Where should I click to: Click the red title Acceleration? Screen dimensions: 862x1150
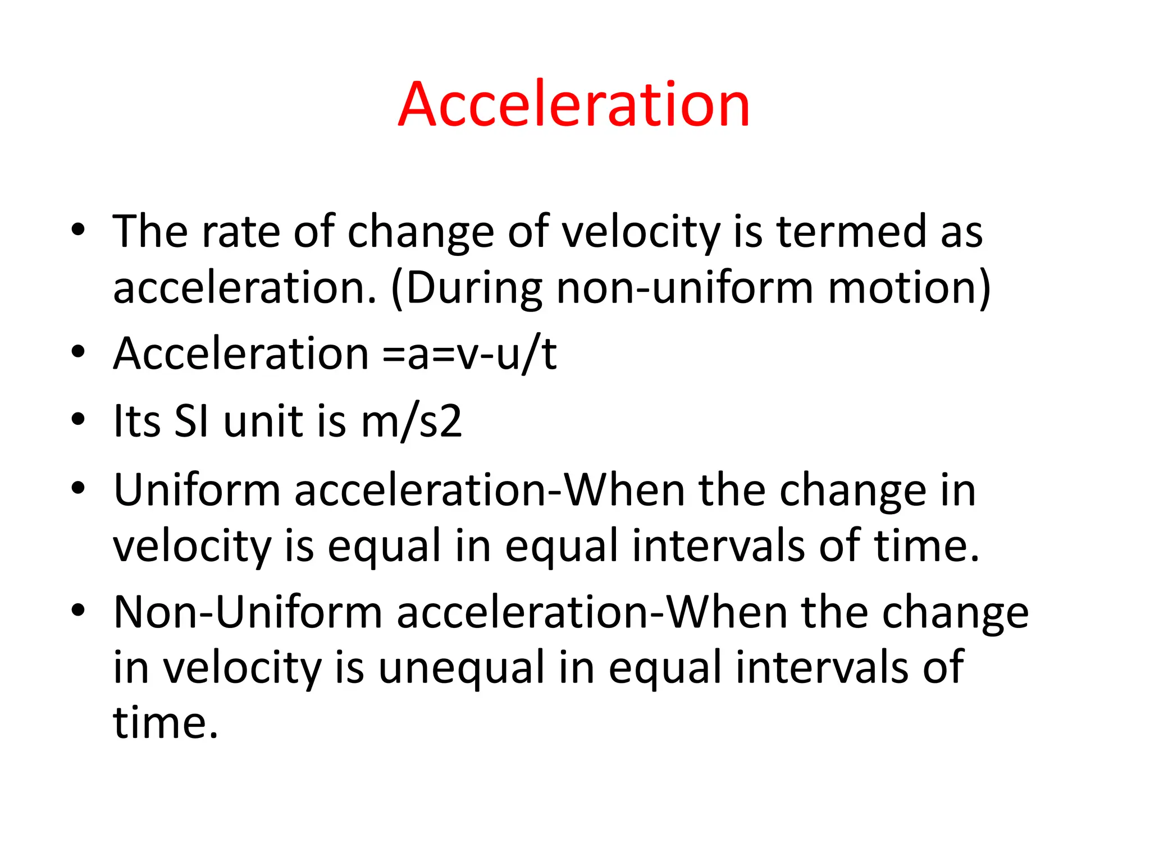pyautogui.click(x=574, y=104)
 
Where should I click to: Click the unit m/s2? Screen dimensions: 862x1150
pyautogui.click(x=412, y=421)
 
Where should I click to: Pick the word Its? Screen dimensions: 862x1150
pyautogui.click(x=137, y=421)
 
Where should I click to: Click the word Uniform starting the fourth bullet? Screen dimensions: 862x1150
pyautogui.click(x=197, y=490)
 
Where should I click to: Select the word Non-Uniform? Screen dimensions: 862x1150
pyautogui.click(x=248, y=612)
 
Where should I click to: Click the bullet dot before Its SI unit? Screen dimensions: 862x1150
pyautogui.click(x=78, y=419)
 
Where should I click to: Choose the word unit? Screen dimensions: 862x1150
pyautogui.click(x=263, y=421)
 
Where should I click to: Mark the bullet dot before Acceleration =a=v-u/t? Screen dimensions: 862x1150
pyautogui.click(x=78, y=352)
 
